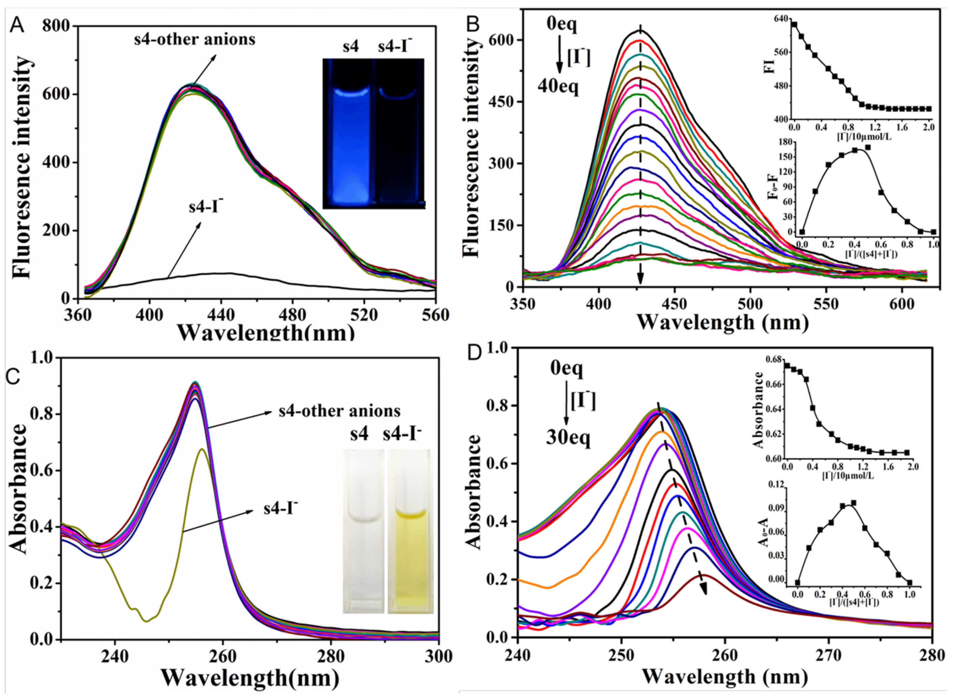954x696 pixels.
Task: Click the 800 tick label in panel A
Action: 57,26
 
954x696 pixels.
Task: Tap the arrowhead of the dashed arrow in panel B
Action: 640,279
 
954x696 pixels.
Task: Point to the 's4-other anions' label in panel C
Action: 340,410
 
